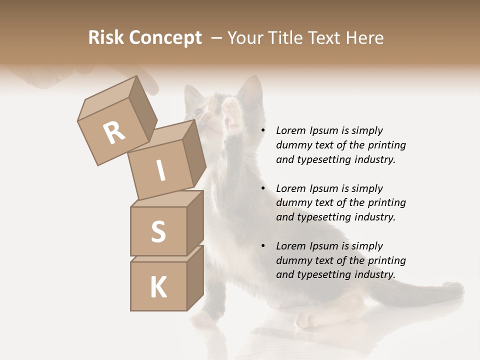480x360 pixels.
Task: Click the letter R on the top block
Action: tap(114, 132)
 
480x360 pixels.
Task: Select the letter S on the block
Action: tap(158, 231)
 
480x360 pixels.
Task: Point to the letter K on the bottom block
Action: tap(158, 287)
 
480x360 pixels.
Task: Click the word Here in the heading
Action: tap(365, 38)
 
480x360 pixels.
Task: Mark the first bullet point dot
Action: tap(263, 130)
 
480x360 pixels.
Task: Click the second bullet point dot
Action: tap(263, 188)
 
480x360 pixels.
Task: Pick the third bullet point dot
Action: tap(263, 246)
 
